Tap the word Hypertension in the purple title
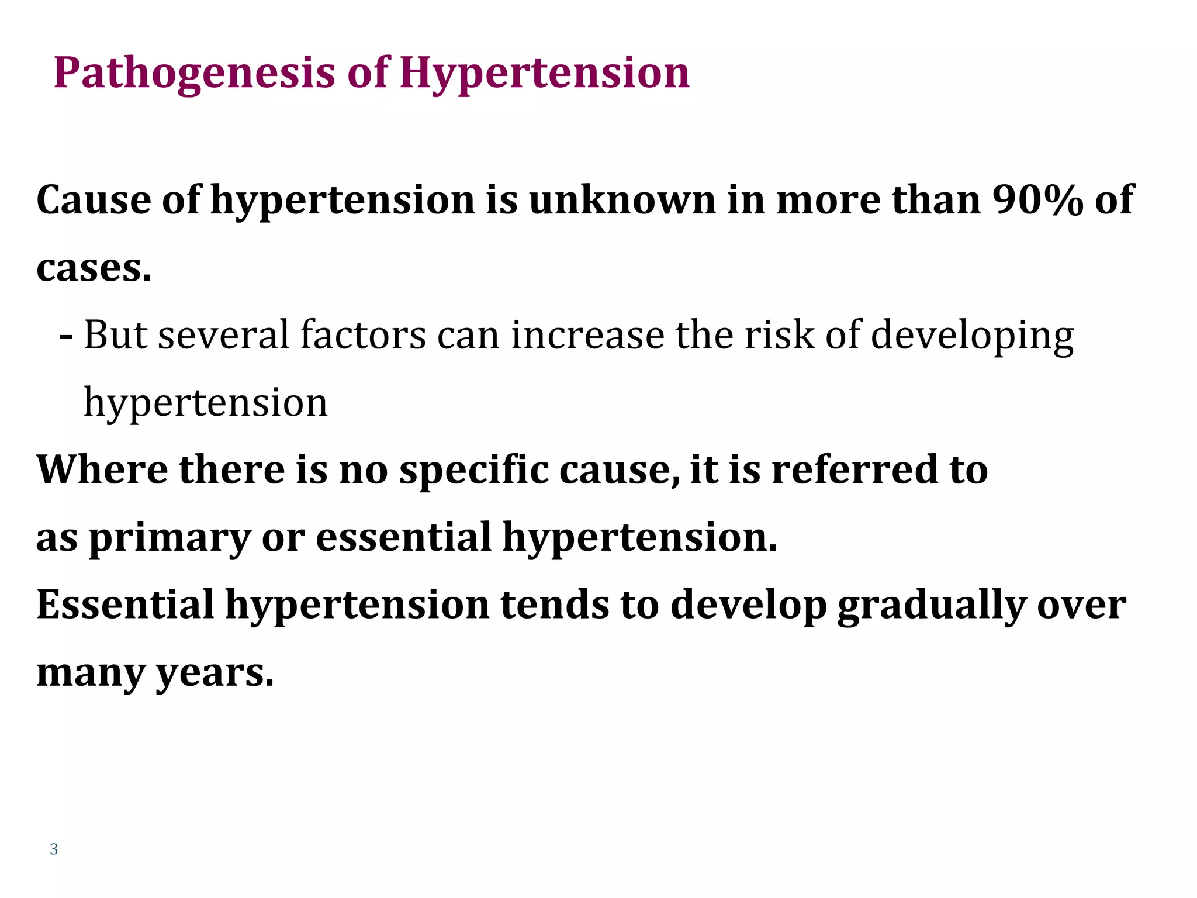pyautogui.click(x=544, y=74)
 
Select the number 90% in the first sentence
pyautogui.click(x=1038, y=200)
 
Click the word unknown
pyautogui.click(x=622, y=200)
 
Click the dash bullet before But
pyautogui.click(x=66, y=337)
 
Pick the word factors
pyautogui.click(x=363, y=336)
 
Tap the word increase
pyautogui.click(x=587, y=336)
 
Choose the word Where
pyautogui.click(x=102, y=470)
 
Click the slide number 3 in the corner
pyautogui.click(x=54, y=849)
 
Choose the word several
pyautogui.click(x=224, y=336)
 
